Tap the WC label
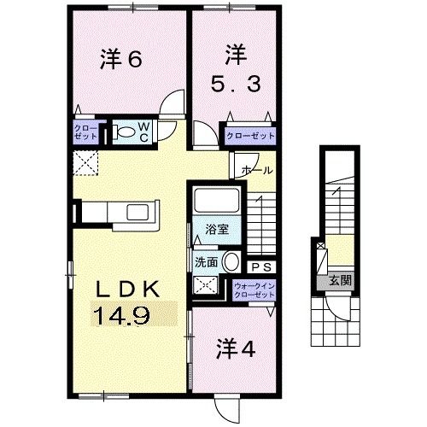(x=145, y=132)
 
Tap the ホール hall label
(x=257, y=171)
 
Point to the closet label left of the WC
(x=86, y=132)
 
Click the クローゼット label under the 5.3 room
(x=250, y=135)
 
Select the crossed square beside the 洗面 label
(x=205, y=287)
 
